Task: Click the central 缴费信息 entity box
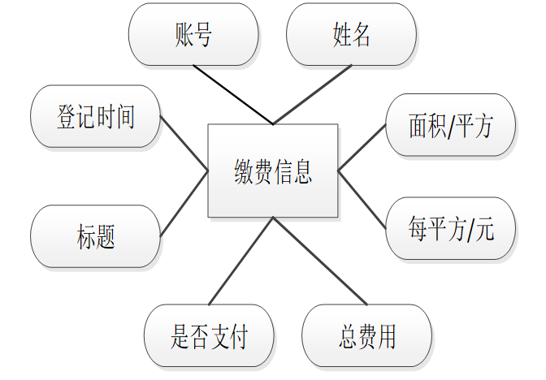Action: [272, 171]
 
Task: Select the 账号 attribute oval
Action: [193, 34]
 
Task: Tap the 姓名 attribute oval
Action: [351, 34]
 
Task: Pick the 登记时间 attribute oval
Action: [95, 116]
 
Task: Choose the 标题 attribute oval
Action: [95, 236]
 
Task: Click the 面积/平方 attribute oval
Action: [450, 126]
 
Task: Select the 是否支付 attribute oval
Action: [209, 335]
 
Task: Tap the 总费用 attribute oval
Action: [366, 335]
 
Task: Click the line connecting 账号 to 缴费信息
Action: [233, 95]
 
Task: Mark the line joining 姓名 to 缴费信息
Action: [313, 95]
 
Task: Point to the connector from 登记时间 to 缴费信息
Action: [184, 144]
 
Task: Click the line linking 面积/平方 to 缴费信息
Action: [362, 148]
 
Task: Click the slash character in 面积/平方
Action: [450, 127]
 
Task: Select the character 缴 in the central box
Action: [243, 171]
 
